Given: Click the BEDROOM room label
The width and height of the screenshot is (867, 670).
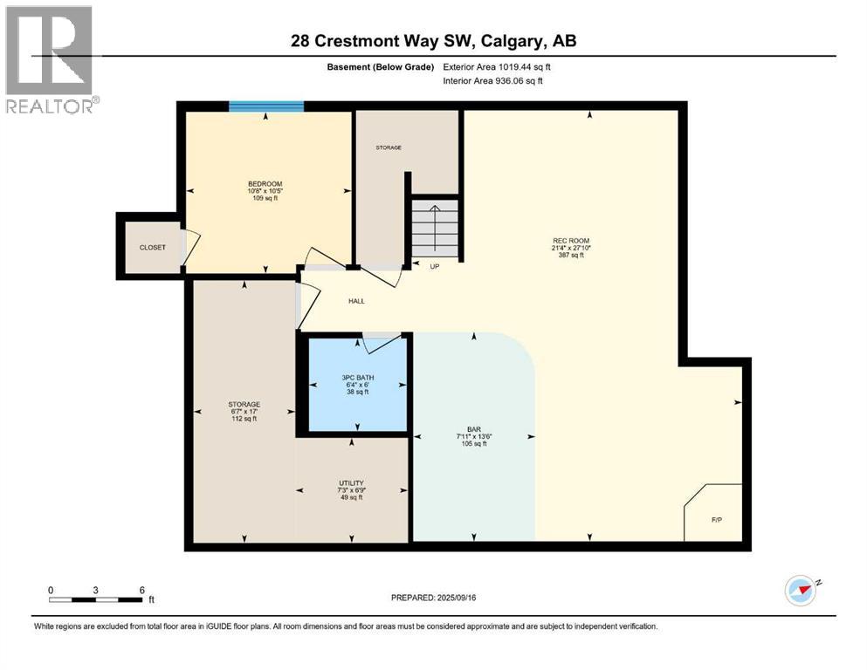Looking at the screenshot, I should click(265, 184).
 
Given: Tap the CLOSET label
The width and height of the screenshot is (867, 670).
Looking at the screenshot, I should click(153, 248).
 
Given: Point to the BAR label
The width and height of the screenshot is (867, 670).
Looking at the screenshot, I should click(473, 430).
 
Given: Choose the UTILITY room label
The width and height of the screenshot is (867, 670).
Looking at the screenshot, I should click(351, 483).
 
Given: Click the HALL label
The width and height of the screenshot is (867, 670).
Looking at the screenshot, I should click(356, 301).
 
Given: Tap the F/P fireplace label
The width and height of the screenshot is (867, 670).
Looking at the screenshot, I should click(717, 520).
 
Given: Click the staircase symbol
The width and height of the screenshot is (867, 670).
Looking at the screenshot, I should click(435, 228).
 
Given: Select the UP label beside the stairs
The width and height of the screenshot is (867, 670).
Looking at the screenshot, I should click(434, 266).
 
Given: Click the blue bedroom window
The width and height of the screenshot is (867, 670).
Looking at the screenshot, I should click(266, 106).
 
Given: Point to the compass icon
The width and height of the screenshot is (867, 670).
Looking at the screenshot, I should click(801, 591).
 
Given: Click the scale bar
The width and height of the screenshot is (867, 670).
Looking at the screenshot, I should click(96, 599).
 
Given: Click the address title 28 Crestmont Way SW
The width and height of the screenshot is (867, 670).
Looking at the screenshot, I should click(434, 41).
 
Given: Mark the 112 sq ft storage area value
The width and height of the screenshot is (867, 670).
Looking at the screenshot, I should click(244, 420).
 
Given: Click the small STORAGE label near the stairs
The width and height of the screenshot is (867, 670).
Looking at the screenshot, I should click(389, 147).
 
